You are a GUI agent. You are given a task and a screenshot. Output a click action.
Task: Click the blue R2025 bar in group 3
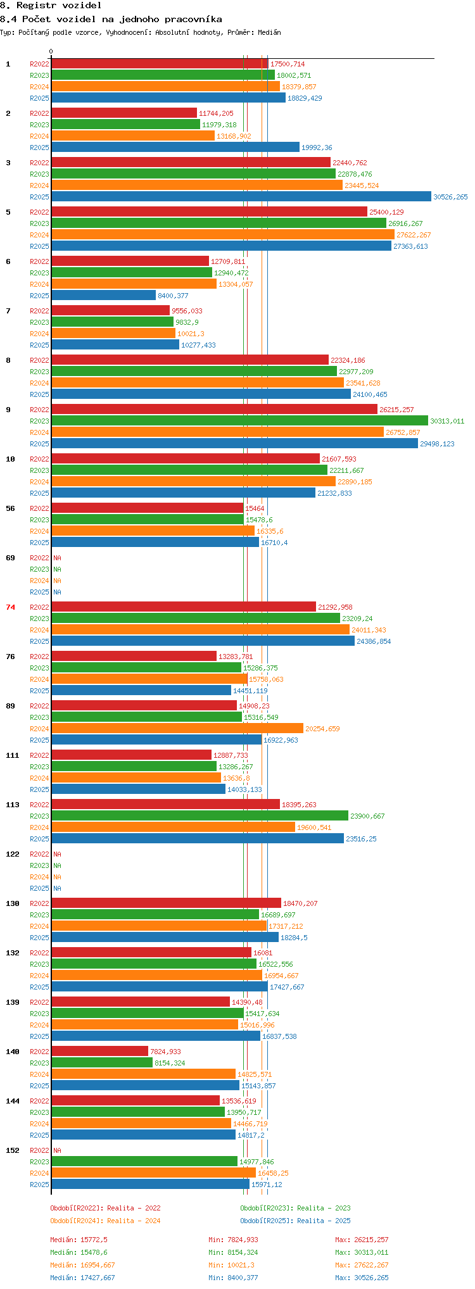tap(241, 197)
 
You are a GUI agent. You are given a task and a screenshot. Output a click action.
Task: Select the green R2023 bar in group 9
tap(239, 421)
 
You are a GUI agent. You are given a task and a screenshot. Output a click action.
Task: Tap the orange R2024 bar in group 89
tap(177, 729)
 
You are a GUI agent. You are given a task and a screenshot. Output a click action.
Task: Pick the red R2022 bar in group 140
tap(99, 1052)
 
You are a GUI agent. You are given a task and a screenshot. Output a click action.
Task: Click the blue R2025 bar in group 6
tap(103, 296)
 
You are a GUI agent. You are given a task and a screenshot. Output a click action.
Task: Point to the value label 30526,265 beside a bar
tap(450, 197)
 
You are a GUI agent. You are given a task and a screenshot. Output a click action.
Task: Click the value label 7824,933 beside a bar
tap(165, 1052)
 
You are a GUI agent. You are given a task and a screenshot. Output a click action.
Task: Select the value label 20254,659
tap(322, 729)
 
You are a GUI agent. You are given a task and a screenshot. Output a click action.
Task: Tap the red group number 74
tap(11, 607)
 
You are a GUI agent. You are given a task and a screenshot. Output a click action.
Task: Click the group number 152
tap(13, 1150)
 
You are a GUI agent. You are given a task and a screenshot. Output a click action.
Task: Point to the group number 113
tap(13, 805)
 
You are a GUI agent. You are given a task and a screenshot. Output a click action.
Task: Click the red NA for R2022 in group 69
tap(57, 558)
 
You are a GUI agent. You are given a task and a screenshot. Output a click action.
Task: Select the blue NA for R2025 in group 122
tap(57, 888)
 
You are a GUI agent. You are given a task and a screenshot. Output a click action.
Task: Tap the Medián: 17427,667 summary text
tap(82, 1278)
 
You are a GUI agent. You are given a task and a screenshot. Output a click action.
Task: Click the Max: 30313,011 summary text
tap(362, 1252)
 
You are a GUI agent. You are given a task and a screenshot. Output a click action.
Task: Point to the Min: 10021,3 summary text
tap(231, 1265)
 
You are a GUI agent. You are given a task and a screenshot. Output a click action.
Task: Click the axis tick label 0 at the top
tap(51, 51)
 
